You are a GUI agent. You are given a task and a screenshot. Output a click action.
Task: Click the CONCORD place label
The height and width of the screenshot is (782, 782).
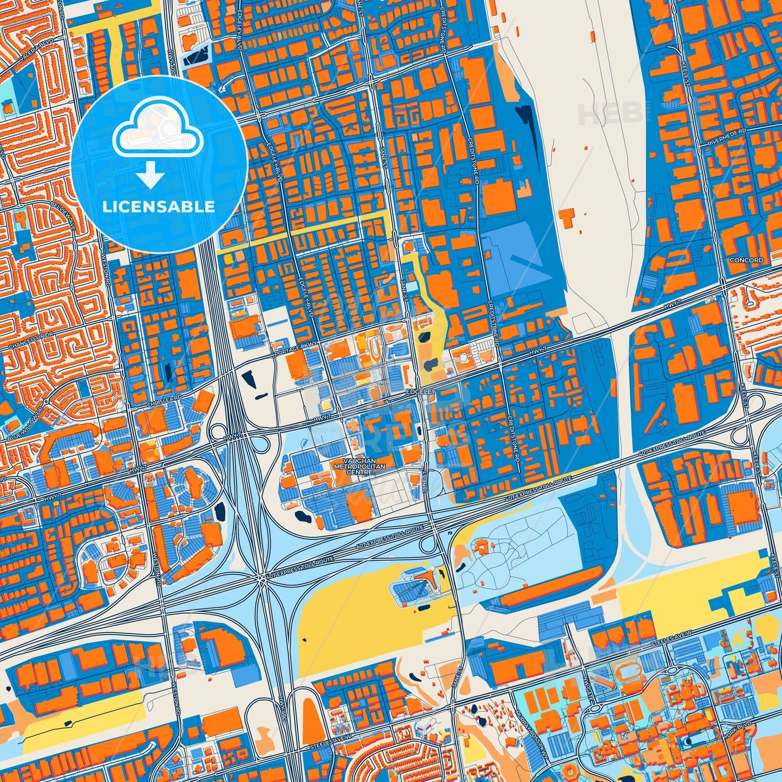pos(746,260)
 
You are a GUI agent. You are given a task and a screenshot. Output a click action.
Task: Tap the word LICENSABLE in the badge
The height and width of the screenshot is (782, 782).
pos(159,207)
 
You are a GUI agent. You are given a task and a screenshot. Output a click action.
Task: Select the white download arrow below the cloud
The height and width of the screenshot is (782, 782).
pos(150,176)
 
